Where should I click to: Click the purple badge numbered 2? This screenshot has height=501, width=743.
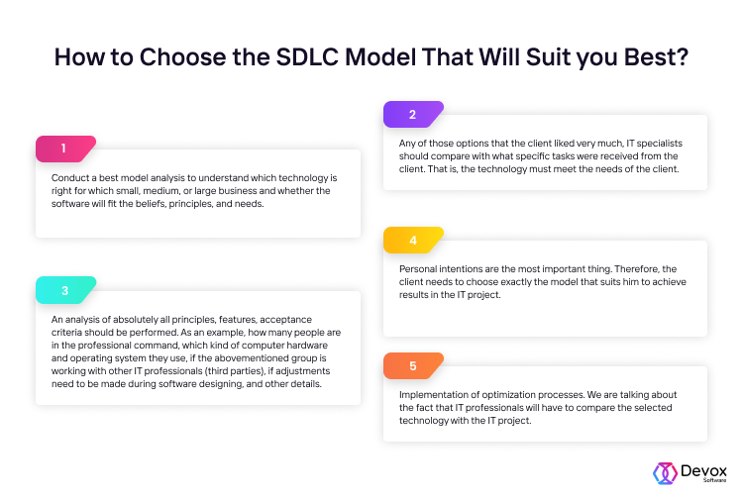pos(412,115)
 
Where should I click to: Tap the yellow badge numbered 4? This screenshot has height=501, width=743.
pos(412,240)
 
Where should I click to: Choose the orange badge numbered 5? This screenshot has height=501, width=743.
pos(412,365)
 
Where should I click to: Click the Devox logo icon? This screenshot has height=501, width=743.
pos(664,472)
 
